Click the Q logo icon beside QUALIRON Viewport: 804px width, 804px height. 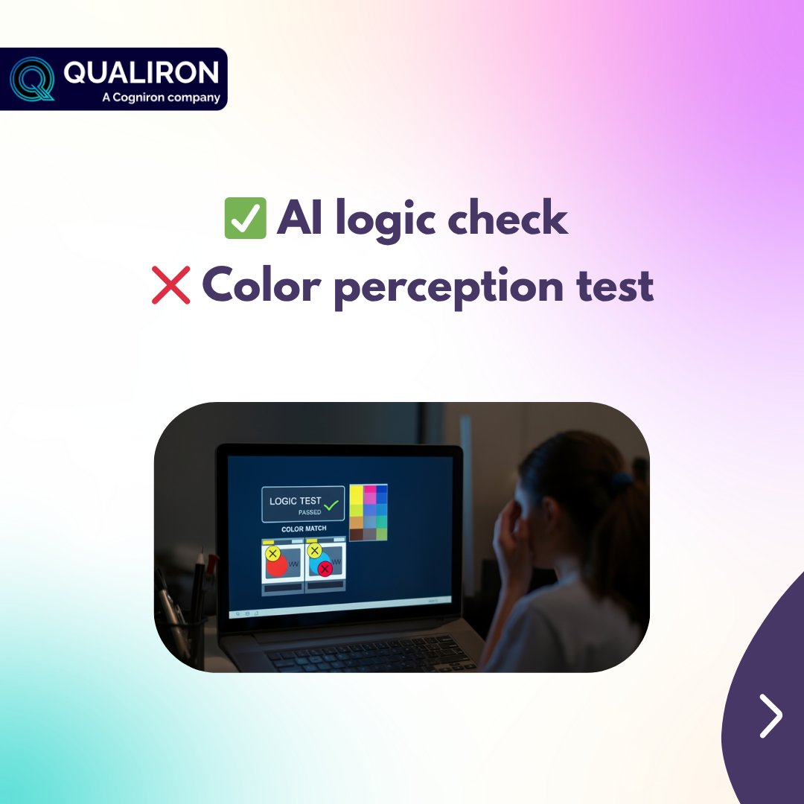[x=33, y=79]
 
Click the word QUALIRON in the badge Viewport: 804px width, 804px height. [x=141, y=72]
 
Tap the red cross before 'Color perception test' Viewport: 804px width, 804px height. [x=171, y=285]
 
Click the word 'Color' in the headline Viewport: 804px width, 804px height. [x=258, y=284]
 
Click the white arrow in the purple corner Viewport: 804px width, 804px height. [x=771, y=715]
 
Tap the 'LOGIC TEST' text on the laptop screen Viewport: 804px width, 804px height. [x=296, y=501]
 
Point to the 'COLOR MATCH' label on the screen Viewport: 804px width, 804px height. [x=304, y=529]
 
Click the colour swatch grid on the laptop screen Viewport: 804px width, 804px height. [x=368, y=512]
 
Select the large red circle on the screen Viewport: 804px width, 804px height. [x=277, y=566]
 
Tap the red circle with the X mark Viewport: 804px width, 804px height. [x=325, y=569]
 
